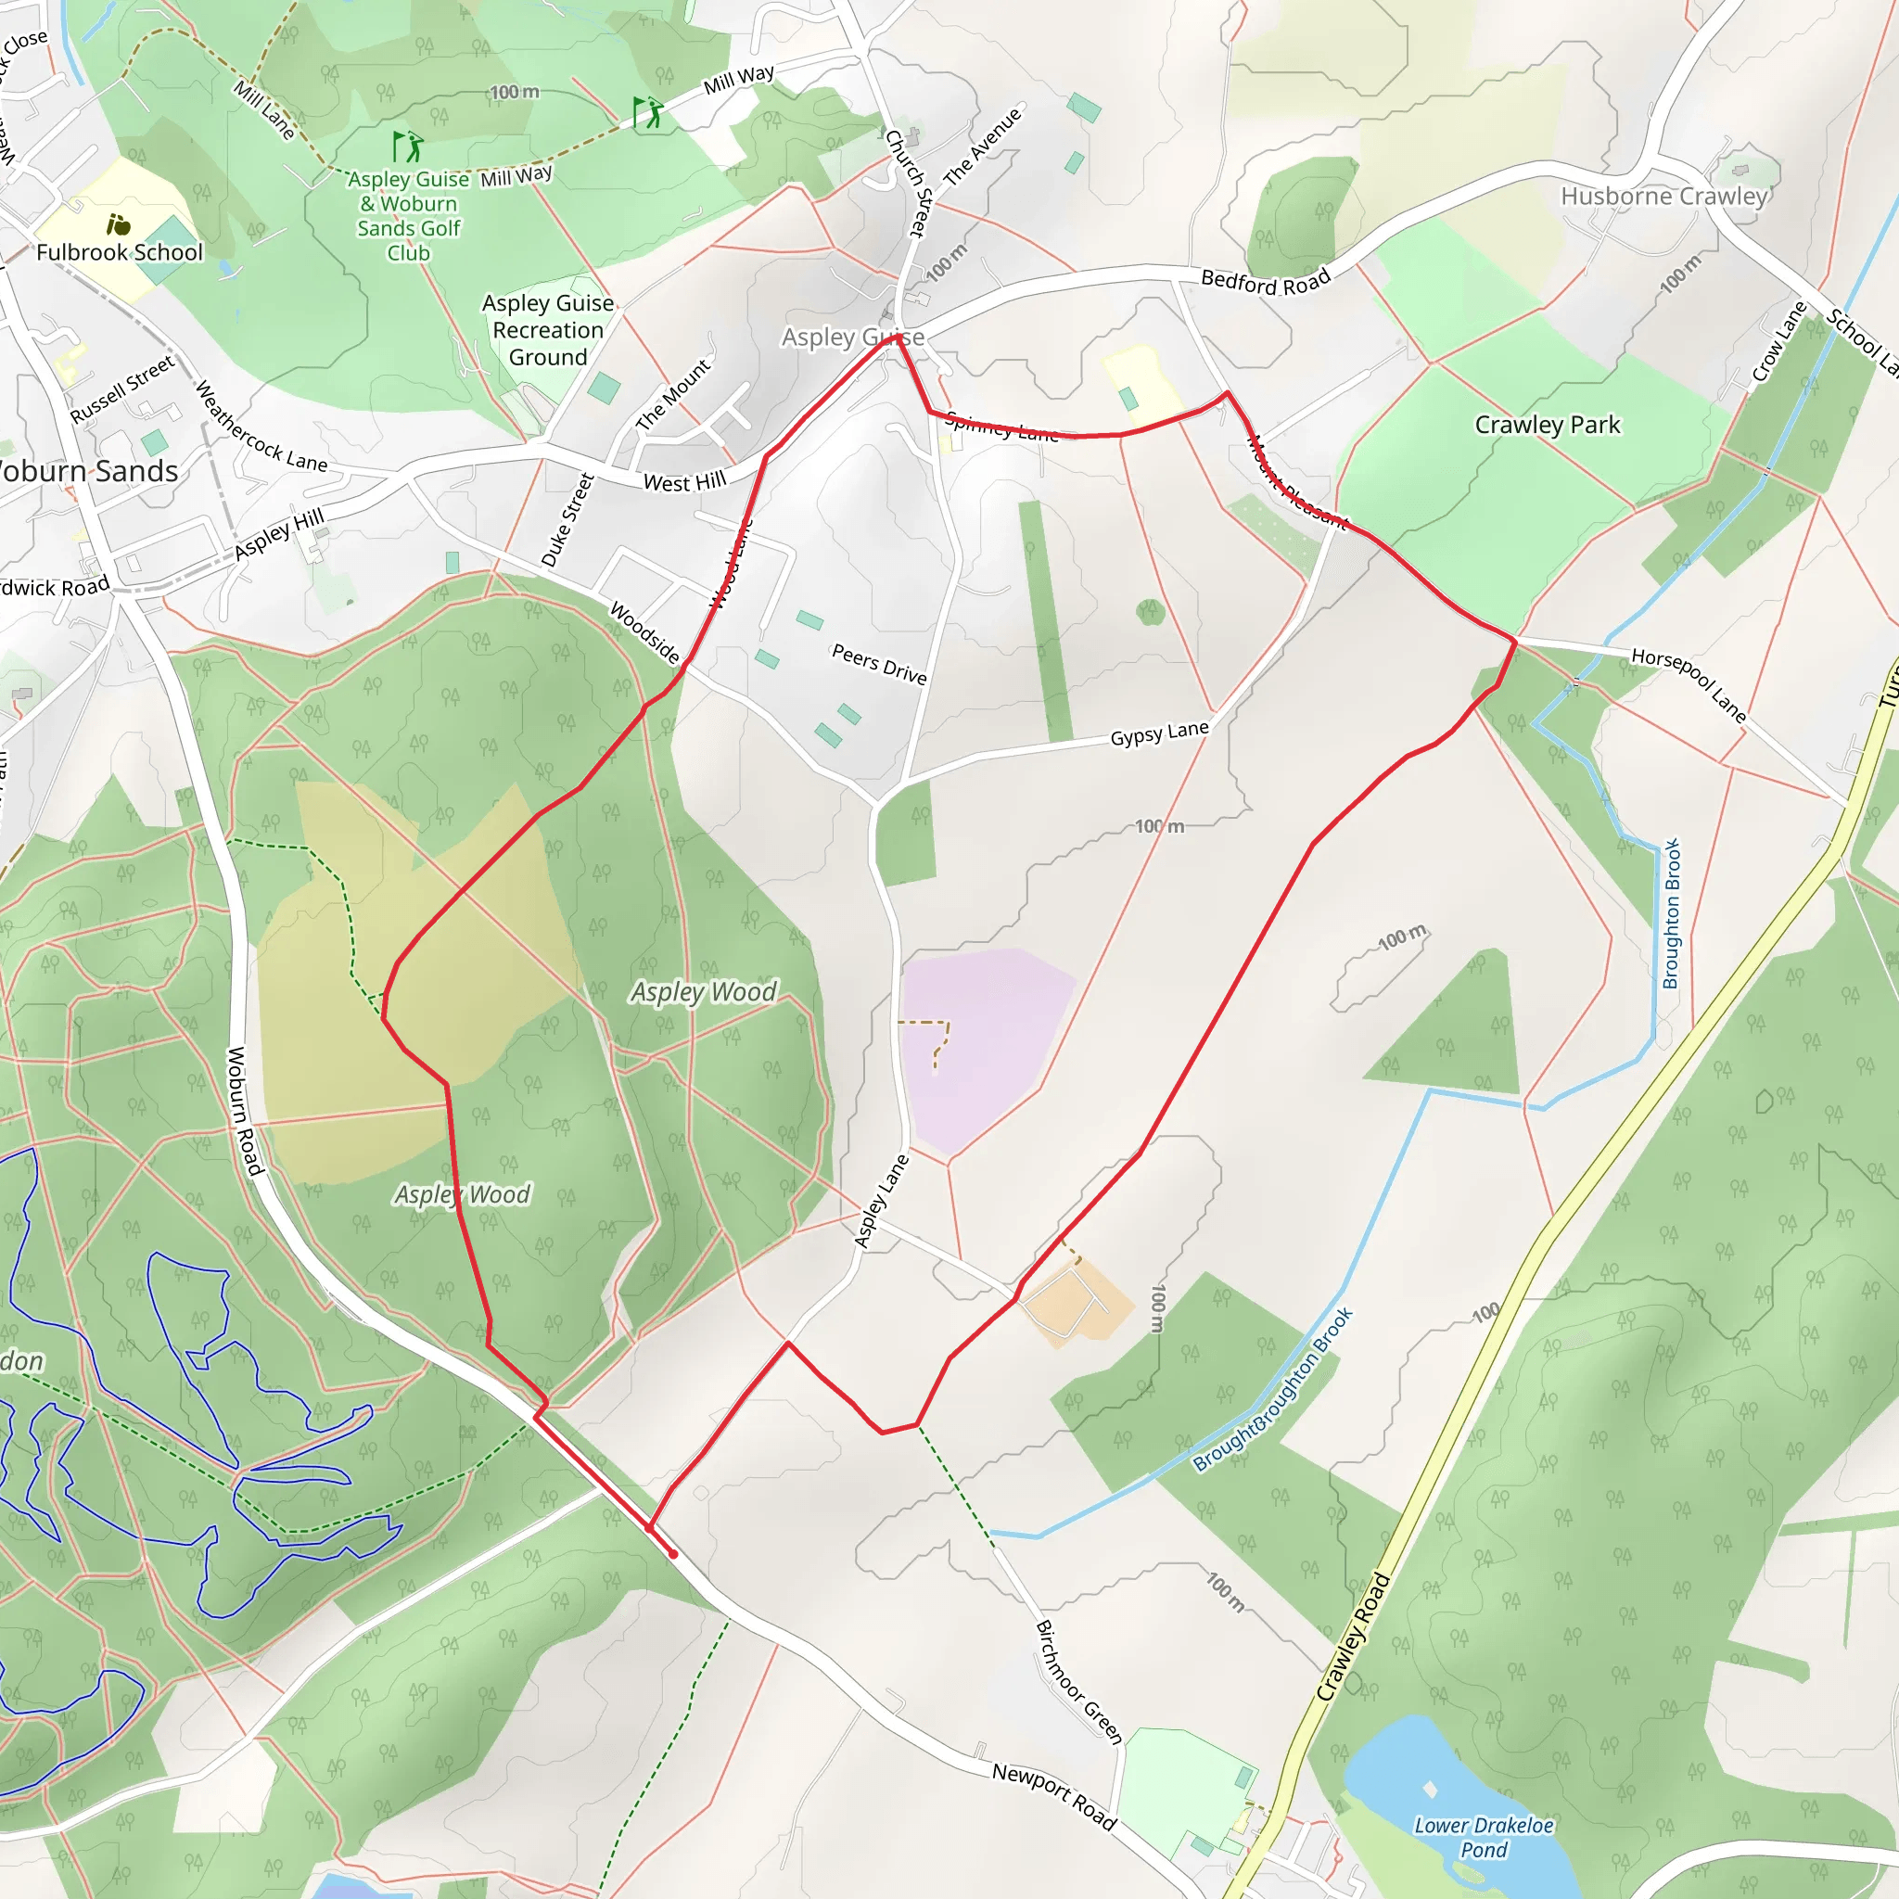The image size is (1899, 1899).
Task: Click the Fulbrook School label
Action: tap(119, 252)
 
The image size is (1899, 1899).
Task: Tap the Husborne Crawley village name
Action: tap(1663, 197)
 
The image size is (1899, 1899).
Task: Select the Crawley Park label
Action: tap(1548, 425)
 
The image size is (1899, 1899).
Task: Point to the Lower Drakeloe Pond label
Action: tap(1484, 1837)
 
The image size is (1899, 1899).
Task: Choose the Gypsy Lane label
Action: tap(1159, 733)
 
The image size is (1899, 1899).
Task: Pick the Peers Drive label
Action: tap(879, 665)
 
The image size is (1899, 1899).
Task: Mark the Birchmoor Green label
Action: tap(1079, 1682)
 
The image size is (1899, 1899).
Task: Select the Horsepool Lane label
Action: tap(1689, 685)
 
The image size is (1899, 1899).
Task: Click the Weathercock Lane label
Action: tap(261, 427)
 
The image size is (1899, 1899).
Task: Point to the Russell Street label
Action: tap(123, 389)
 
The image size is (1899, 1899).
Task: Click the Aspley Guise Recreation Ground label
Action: tap(547, 330)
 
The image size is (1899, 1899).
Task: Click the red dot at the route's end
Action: tap(673, 1555)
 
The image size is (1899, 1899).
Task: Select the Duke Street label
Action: tap(568, 520)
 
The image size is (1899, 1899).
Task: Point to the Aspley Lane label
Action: tap(881, 1202)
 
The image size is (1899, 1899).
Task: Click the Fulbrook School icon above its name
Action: tap(118, 225)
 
